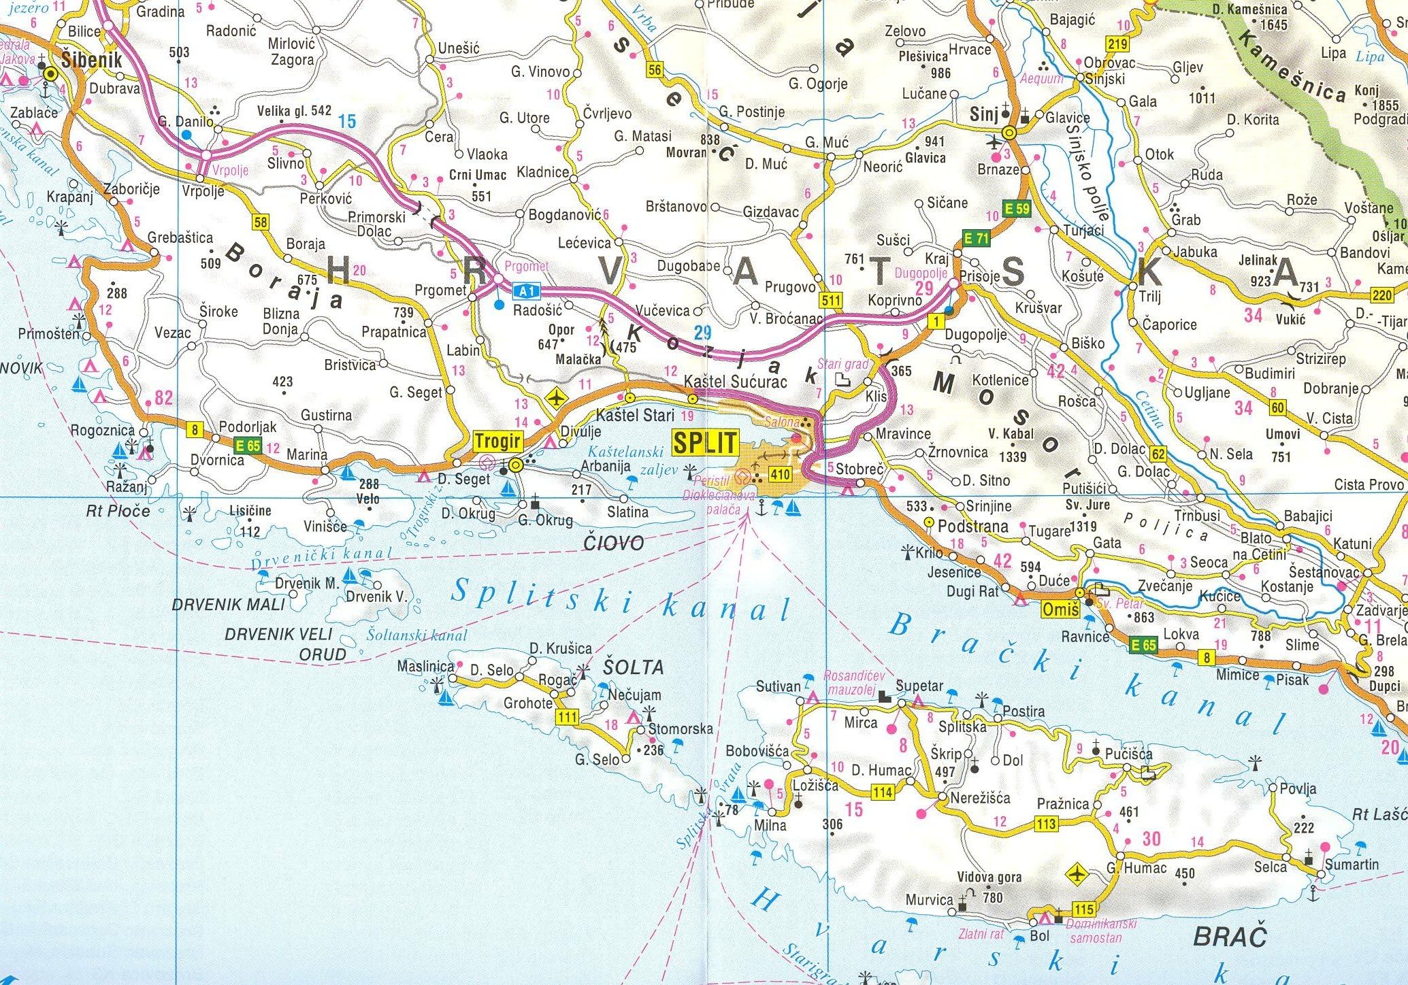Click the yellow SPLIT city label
tap(705, 442)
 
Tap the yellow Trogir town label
tap(497, 441)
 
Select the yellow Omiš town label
tap(1060, 611)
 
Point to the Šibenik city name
tap(92, 60)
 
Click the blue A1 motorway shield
tap(526, 292)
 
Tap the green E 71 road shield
tap(977, 238)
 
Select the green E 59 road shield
tap(1017, 209)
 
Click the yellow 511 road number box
tap(831, 300)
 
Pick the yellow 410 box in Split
tap(780, 473)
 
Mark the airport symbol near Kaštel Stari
tap(557, 397)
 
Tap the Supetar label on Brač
tap(919, 685)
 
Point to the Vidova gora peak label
tap(989, 877)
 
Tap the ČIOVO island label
tap(613, 542)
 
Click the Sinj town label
tap(983, 114)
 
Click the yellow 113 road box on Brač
tap(1046, 824)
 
